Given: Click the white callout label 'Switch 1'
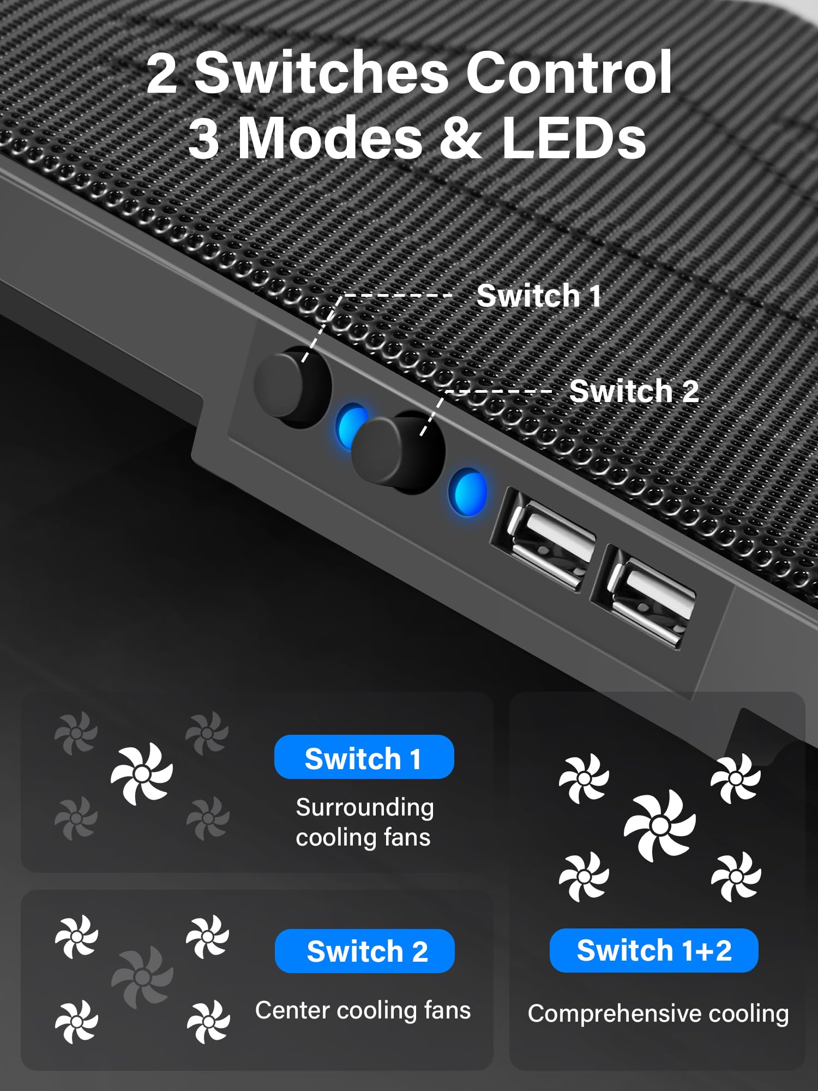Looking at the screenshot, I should click(x=539, y=296).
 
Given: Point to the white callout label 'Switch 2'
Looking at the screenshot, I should click(x=634, y=391).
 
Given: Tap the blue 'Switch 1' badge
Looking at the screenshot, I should click(x=364, y=758).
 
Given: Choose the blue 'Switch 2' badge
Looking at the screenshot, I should click(x=364, y=951).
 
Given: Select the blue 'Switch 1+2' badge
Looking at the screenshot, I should click(x=653, y=950).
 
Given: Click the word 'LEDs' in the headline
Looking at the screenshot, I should click(x=574, y=138).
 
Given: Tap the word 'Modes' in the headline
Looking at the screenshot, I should click(x=330, y=138).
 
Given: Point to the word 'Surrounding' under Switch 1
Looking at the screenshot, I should click(x=365, y=807).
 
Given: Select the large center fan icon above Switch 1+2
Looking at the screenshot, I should click(x=660, y=825).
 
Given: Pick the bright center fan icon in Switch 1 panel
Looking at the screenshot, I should click(x=142, y=774).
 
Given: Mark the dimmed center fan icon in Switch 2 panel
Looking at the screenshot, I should click(x=142, y=976).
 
